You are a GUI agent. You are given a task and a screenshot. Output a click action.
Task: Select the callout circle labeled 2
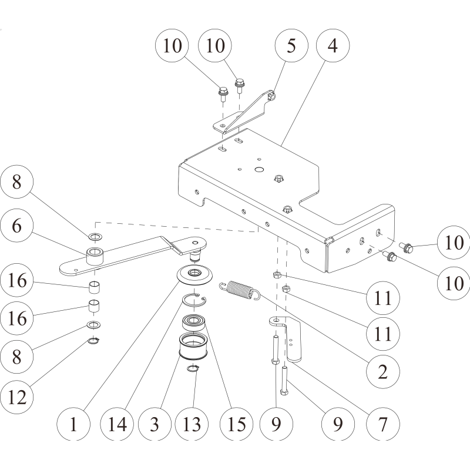pyautogui.click(x=382, y=371)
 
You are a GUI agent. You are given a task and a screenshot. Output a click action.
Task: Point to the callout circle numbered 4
pyautogui.click(x=332, y=45)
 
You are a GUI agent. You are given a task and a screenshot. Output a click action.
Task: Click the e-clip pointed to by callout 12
pyautogui.click(x=95, y=340)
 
